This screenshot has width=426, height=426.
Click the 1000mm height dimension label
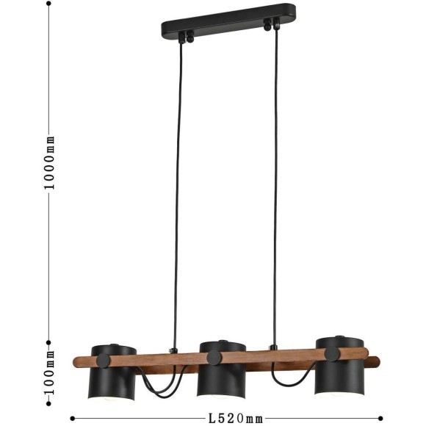(x=50, y=162)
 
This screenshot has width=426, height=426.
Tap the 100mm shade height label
(x=50, y=373)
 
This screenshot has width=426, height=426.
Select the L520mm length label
(x=235, y=419)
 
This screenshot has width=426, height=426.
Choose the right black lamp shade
(x=339, y=370)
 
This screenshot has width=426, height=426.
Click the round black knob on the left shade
(x=104, y=361)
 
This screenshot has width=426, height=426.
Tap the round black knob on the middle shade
(x=213, y=358)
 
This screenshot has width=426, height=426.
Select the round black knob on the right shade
(x=332, y=354)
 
